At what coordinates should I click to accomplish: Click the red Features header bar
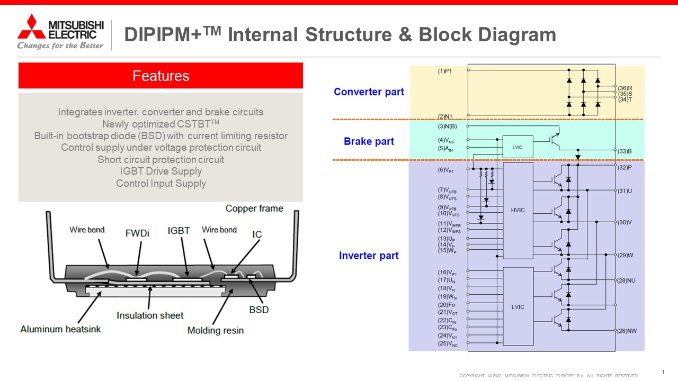160,76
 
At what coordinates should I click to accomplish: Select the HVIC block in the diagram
518,210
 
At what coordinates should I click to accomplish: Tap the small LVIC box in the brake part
518,147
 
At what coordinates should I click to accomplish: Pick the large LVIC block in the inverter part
518,307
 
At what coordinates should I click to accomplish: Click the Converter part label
369,92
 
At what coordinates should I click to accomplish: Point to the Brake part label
369,141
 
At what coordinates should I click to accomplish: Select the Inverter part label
369,256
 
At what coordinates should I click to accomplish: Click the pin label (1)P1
445,71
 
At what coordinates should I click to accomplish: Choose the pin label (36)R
625,88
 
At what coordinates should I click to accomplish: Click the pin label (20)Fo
446,305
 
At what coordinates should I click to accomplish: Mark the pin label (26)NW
627,331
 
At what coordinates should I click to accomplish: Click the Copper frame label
254,208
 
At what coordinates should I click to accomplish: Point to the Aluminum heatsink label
60,329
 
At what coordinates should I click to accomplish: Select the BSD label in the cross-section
259,310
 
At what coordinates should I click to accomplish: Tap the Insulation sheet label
150,315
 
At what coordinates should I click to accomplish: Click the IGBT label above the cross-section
179,231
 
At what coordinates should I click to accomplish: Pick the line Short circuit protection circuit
160,159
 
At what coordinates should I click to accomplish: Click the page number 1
663,372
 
